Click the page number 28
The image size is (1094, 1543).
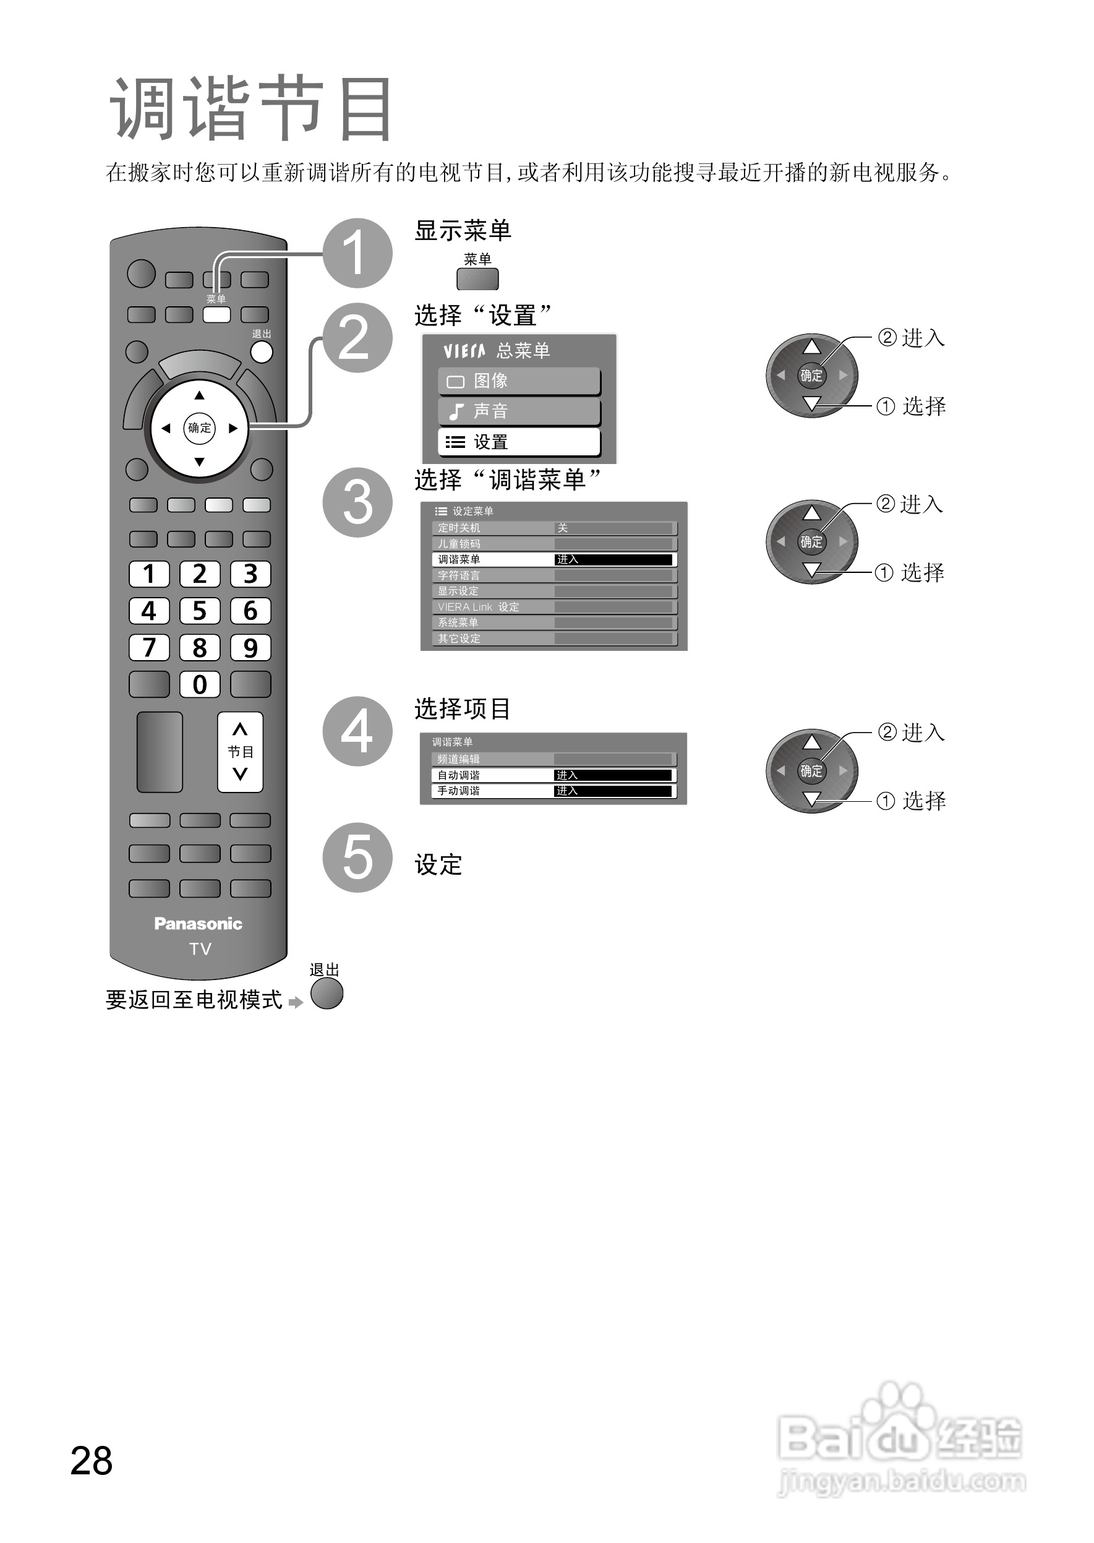pos(92,1461)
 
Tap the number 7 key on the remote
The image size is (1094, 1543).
pos(149,648)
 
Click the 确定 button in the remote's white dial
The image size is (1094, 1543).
pos(199,428)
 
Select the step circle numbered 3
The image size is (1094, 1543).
pos(357,502)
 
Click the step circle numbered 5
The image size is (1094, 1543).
pos(357,857)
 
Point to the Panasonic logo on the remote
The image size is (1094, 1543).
pos(198,924)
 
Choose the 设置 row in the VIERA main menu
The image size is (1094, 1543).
pos(519,442)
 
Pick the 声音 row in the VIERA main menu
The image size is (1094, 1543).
pos(519,411)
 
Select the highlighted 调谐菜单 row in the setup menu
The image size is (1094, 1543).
pos(553,559)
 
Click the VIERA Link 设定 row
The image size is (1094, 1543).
pos(553,607)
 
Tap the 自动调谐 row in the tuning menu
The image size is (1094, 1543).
pos(553,775)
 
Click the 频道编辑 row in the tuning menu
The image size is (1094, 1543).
pos(553,759)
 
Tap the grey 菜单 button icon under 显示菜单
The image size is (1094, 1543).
pos(477,279)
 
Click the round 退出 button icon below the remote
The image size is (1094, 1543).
pos(327,993)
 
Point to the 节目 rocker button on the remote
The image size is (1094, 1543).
pos(240,752)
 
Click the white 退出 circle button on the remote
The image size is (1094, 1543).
pos(262,351)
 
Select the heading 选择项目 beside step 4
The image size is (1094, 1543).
pos(462,709)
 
